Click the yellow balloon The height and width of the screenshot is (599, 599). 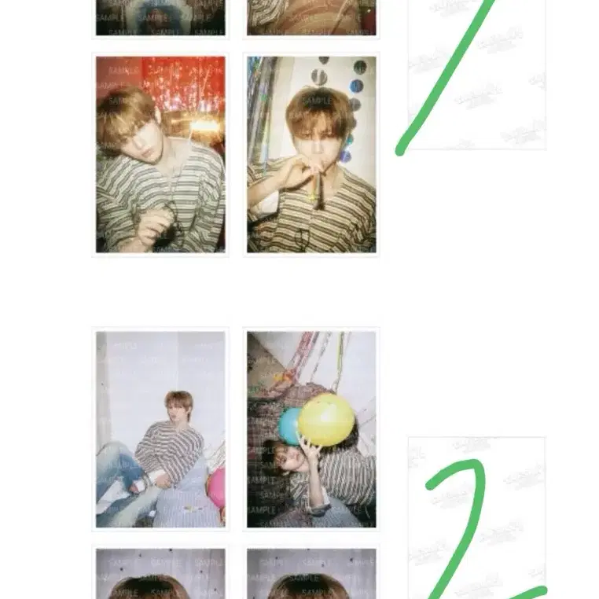click(325, 419)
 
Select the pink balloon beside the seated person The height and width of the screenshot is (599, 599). click(217, 487)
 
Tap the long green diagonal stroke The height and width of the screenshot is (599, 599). click(448, 79)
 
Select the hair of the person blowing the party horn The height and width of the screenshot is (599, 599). click(319, 106)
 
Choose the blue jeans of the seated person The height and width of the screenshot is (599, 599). click(118, 472)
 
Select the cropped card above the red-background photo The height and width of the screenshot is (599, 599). click(160, 17)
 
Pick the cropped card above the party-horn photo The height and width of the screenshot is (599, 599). click(311, 17)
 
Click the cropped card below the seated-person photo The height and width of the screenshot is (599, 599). click(160, 574)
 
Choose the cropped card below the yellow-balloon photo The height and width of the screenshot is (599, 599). click(311, 574)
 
